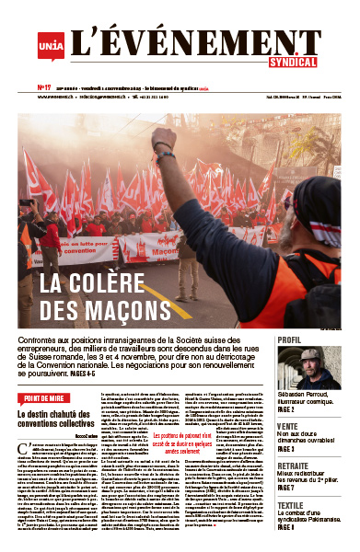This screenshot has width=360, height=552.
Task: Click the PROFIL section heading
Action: tap(290, 339)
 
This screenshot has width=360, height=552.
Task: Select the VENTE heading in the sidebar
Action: tap(288, 427)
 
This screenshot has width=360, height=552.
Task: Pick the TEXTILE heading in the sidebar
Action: tap(291, 505)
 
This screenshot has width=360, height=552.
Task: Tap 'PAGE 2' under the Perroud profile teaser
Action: tap(288, 411)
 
